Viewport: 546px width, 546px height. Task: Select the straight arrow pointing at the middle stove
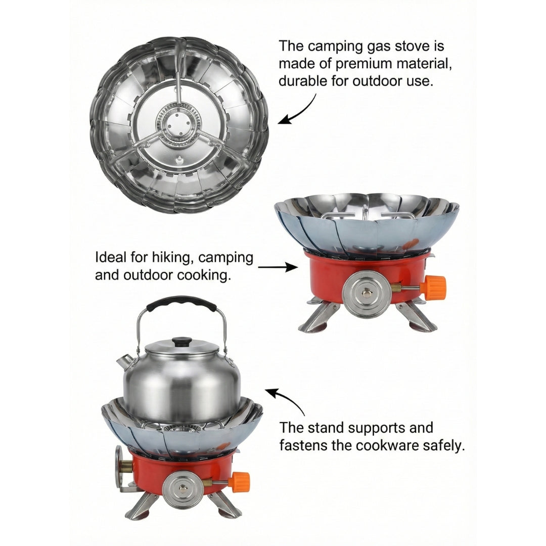point(278,267)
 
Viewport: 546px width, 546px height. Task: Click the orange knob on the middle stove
point(434,288)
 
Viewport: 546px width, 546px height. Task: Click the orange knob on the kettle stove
point(240,482)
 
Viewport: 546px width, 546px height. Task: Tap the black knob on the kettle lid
point(180,342)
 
